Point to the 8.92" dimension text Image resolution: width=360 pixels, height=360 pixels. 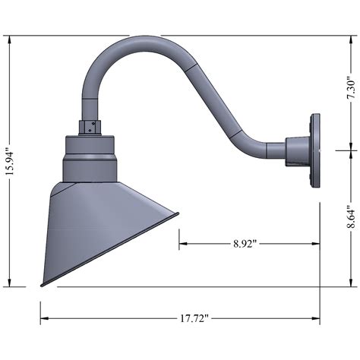pos(245,244)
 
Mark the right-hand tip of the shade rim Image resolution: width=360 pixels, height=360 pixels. pos(178,213)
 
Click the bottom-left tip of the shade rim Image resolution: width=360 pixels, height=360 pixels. pos(42,286)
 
